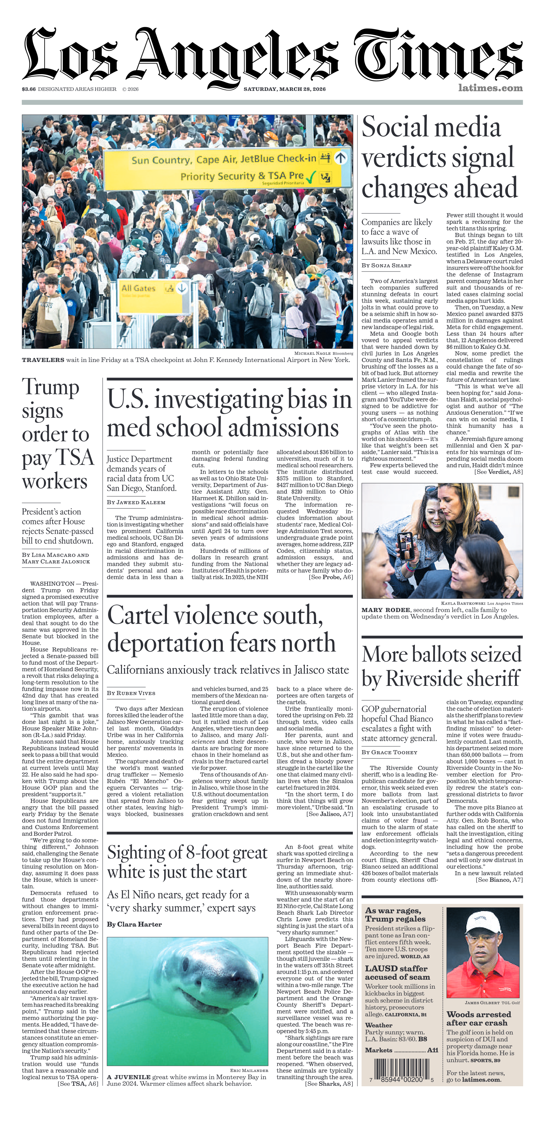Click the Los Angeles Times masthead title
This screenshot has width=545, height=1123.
click(x=272, y=54)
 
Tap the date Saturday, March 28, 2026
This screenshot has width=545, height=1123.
click(x=284, y=89)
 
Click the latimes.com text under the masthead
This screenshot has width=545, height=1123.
click(x=490, y=88)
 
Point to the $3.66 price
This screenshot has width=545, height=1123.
click(x=29, y=89)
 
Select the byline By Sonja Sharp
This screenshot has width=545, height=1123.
click(x=386, y=265)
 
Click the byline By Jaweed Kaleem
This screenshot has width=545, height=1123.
click(x=136, y=502)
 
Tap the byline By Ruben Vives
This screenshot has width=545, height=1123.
click(x=131, y=693)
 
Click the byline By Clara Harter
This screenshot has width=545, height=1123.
click(x=134, y=924)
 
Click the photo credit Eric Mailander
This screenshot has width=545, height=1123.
click(x=249, y=1070)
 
